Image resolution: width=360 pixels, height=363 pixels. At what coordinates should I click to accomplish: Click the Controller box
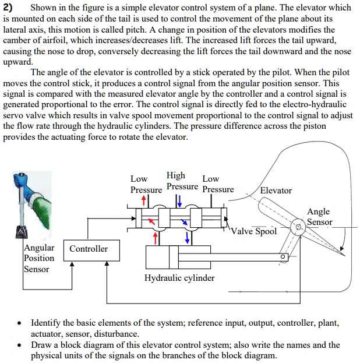pyautogui.click(x=89, y=249)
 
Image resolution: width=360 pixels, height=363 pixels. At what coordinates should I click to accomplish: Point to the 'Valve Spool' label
pyautogui.click(x=253, y=231)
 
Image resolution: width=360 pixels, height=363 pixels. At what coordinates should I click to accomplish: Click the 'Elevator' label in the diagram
pyautogui.click(x=276, y=191)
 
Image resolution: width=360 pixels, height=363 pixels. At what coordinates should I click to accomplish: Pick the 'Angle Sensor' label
pyautogui.click(x=319, y=217)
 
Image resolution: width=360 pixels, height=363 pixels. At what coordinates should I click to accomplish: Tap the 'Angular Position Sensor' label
pyautogui.click(x=39, y=258)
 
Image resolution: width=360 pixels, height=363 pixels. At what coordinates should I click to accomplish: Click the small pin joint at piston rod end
pyautogui.click(x=283, y=256)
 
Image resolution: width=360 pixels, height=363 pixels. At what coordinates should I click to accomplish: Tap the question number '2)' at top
pyautogui.click(x=9, y=8)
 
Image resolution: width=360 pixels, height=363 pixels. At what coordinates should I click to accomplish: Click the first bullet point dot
pyautogui.click(x=20, y=323)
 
